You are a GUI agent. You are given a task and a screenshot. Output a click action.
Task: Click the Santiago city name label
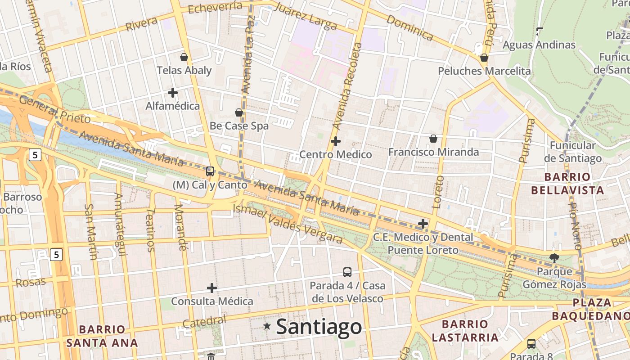click(x=319, y=327)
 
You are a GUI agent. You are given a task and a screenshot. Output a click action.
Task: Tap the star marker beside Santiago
click(x=267, y=326)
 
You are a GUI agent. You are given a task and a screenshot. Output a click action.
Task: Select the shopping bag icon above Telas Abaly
click(x=184, y=57)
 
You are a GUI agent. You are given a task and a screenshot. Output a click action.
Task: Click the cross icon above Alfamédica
click(x=172, y=93)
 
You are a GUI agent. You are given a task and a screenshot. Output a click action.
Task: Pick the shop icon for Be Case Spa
click(x=239, y=112)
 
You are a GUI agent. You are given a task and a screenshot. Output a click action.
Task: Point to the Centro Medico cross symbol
click(x=335, y=141)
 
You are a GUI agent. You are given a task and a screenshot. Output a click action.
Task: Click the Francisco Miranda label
click(x=433, y=152)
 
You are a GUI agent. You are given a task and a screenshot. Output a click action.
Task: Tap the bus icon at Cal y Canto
click(x=210, y=171)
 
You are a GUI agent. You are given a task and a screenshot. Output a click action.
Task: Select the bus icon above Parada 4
click(x=347, y=272)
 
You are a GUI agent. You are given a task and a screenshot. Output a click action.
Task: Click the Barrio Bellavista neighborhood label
click(x=567, y=184)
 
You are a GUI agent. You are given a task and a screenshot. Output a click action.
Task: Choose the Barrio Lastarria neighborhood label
click(x=465, y=331)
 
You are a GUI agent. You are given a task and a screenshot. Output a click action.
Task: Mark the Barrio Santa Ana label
click(x=102, y=336)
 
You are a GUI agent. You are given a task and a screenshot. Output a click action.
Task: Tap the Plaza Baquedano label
click(x=590, y=309)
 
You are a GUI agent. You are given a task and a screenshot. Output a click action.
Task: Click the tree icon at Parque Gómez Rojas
click(x=554, y=258)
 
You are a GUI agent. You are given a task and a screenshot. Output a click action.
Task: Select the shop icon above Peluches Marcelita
click(x=484, y=58)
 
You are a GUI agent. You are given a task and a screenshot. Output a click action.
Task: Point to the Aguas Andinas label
click(x=539, y=45)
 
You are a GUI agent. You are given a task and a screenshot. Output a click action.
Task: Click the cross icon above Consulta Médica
click(x=211, y=288)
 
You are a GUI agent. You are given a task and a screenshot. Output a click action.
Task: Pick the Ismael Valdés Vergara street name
click(x=288, y=225)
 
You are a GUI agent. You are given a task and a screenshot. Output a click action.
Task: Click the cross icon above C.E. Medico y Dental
click(x=423, y=223)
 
